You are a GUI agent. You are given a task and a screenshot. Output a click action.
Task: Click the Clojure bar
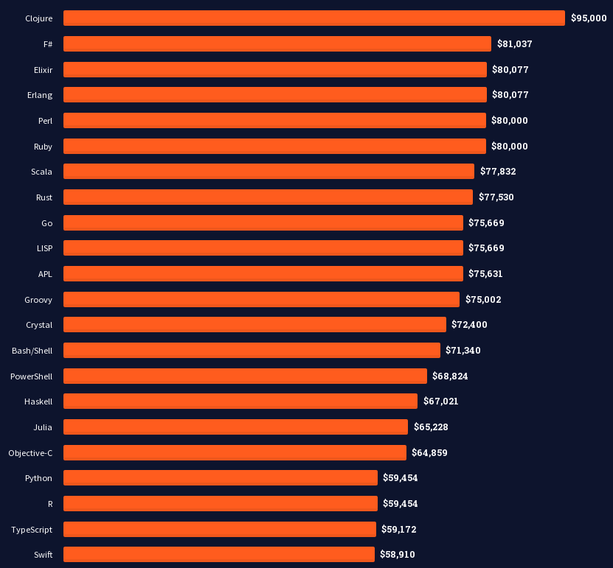[x=314, y=18]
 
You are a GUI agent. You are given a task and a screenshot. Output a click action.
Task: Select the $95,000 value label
[x=589, y=18]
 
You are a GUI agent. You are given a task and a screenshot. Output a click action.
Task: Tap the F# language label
[x=47, y=44]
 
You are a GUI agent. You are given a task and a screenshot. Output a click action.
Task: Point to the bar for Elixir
[x=274, y=69]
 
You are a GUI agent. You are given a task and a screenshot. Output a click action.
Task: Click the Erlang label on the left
[x=40, y=95]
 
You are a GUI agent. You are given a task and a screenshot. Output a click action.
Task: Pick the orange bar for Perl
[x=274, y=120]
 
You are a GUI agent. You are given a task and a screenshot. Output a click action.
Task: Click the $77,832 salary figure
[x=498, y=172]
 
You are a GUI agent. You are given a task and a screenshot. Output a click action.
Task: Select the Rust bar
[x=268, y=197]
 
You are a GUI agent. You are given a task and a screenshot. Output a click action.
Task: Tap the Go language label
[x=46, y=222]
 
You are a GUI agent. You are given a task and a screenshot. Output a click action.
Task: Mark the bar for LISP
[x=263, y=248]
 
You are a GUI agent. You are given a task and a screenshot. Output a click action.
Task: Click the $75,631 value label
[x=485, y=273]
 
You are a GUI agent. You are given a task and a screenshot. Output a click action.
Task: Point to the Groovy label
[x=38, y=299]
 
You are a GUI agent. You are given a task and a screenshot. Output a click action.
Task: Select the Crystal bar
[x=254, y=324]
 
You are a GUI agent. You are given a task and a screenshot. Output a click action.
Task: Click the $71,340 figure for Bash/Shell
[x=463, y=350]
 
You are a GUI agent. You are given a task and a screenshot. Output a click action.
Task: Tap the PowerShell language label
[x=31, y=376]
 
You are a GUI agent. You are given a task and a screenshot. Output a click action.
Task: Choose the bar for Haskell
[x=240, y=401]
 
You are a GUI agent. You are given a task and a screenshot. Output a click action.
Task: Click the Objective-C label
[x=30, y=452]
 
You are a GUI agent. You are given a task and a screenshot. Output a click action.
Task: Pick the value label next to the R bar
[x=400, y=503]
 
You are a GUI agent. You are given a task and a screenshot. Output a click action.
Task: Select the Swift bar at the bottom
[x=218, y=554]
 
